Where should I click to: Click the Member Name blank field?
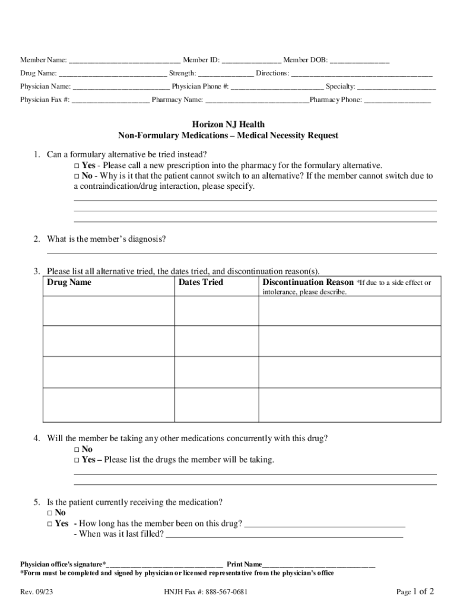pyautogui.click(x=125, y=61)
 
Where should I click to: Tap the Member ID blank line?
pyautogui.click(x=251, y=61)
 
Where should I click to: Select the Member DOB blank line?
pyautogui.click(x=359, y=61)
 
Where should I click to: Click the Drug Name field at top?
pyautogui.click(x=113, y=74)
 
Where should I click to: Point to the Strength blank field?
pyautogui.click(x=226, y=74)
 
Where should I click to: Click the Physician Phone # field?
pyautogui.click(x=277, y=87)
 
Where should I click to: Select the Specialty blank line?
pyautogui.click(x=396, y=87)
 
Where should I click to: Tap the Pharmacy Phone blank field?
pyautogui.click(x=397, y=100)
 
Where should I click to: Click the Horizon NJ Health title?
pyautogui.click(x=228, y=125)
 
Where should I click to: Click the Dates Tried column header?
pyautogui.click(x=201, y=283)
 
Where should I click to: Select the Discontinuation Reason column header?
pyautogui.click(x=307, y=283)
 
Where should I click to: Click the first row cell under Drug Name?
pyautogui.click(x=109, y=311)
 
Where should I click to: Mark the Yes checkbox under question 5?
pyautogui.click(x=50, y=524)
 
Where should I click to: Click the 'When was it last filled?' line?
pyautogui.click(x=284, y=534)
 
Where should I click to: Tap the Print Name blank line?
pyautogui.click(x=319, y=564)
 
